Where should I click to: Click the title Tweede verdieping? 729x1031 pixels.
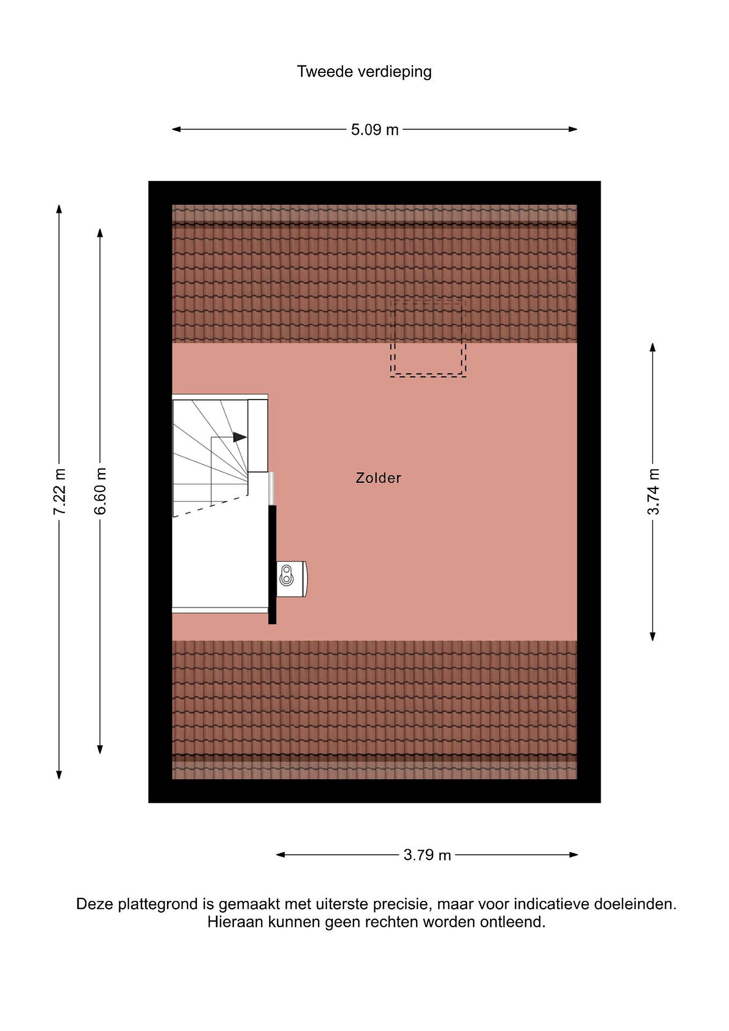click(x=364, y=72)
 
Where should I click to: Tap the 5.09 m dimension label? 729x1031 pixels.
click(x=375, y=130)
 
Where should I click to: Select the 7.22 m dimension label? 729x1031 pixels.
click(x=60, y=491)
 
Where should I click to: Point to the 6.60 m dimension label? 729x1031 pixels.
click(x=100, y=491)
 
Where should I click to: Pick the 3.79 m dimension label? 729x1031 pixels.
click(x=427, y=855)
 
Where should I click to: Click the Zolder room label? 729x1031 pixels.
click(x=378, y=478)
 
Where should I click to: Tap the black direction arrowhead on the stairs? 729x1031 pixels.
click(x=240, y=437)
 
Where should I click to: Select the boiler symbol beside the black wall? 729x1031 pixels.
click(x=291, y=579)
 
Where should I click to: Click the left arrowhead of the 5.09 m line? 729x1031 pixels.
click(x=176, y=129)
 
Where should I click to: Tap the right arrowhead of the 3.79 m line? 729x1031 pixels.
click(x=573, y=855)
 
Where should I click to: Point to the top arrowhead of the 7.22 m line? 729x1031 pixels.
click(x=59, y=209)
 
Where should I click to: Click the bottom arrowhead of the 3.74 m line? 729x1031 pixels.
click(x=653, y=636)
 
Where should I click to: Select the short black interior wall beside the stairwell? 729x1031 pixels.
click(x=272, y=565)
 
